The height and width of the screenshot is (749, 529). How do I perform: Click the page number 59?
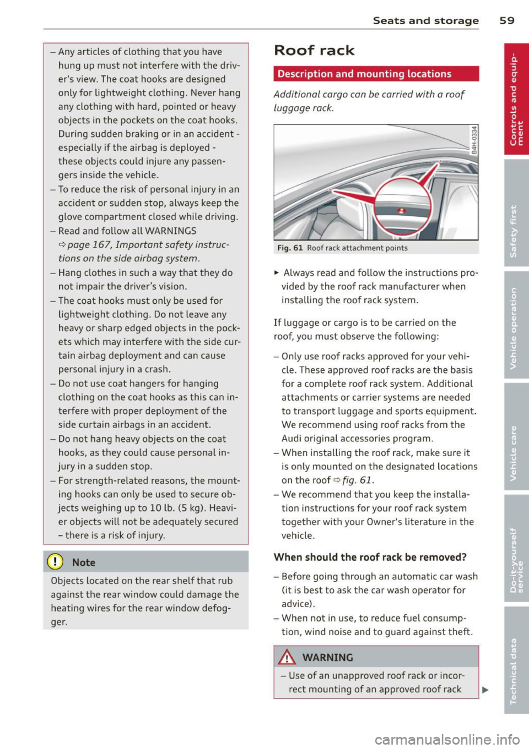[506, 20]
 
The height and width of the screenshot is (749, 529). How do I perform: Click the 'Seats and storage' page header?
[425, 20]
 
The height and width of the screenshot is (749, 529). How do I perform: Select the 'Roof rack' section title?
[314, 51]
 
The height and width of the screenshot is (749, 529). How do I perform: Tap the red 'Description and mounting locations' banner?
[376, 74]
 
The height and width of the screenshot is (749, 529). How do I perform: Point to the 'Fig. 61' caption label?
[290, 248]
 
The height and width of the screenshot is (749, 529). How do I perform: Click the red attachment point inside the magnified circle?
[401, 211]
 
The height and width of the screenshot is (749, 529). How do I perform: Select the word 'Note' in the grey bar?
[84, 562]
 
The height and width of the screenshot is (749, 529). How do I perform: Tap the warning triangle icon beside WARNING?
[287, 657]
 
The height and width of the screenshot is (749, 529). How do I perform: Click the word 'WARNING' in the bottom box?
[327, 658]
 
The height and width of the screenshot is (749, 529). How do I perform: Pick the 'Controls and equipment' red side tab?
[516, 99]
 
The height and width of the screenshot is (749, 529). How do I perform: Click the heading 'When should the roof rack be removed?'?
[370, 557]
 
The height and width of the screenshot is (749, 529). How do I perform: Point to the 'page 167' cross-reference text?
[90, 245]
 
